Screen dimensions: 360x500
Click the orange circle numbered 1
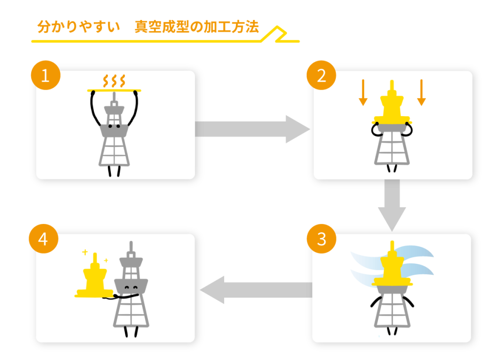click(45, 77)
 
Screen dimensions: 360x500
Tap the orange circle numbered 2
click(321, 77)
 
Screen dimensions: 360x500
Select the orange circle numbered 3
click(321, 240)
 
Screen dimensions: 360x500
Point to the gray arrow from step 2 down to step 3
click(392, 204)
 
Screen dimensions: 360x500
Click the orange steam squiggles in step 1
click(114, 80)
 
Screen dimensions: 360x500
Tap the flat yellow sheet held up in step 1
click(114, 90)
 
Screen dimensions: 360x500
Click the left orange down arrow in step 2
click(363, 93)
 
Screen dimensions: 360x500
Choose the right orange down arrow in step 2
click(421, 93)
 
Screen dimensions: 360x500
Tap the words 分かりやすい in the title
click(78, 27)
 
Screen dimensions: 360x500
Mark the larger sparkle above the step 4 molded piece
click(85, 252)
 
